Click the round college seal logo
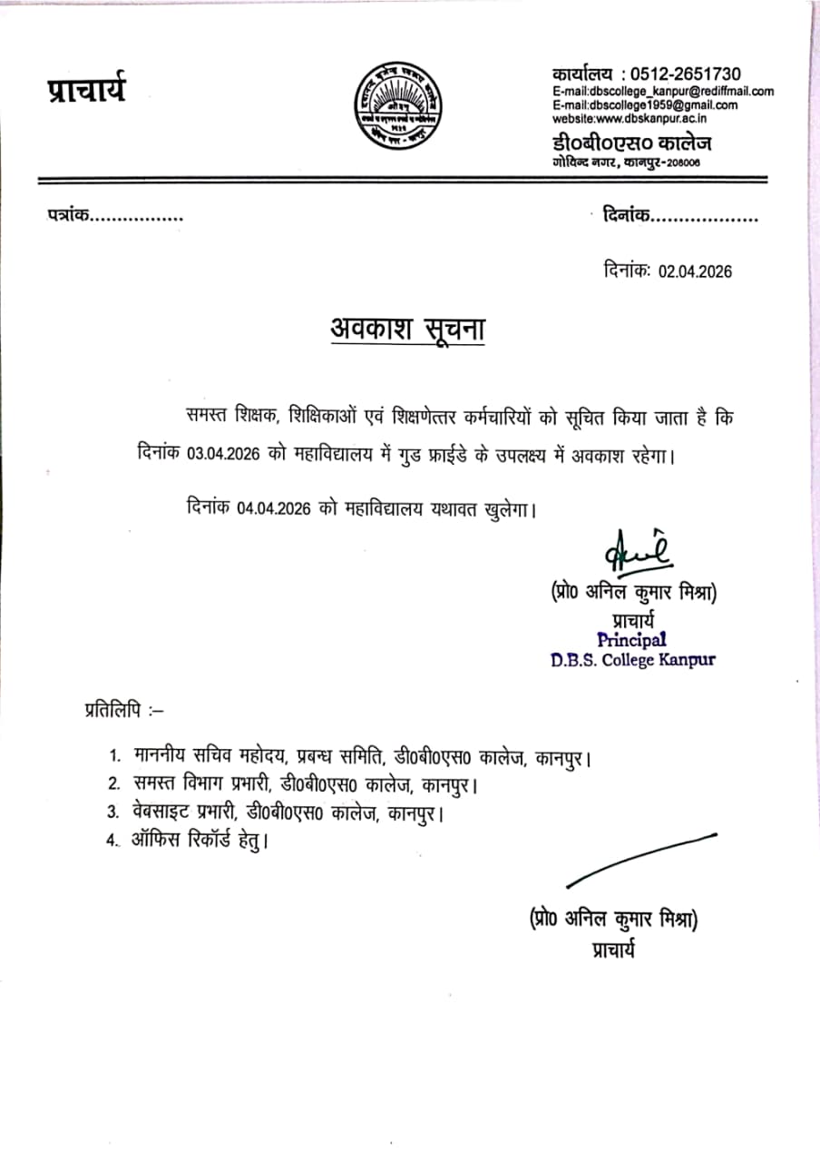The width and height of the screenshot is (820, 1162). click(x=395, y=107)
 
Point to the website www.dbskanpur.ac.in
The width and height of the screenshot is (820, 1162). click(x=630, y=118)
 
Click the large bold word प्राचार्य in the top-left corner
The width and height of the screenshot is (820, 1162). click(x=87, y=92)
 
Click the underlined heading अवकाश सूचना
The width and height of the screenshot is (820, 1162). click(x=407, y=330)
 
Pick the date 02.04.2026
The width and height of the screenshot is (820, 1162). click(x=695, y=271)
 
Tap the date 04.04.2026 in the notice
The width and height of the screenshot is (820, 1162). click(x=276, y=509)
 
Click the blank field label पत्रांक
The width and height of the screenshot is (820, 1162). click(x=69, y=216)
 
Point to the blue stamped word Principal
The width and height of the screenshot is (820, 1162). click(x=631, y=640)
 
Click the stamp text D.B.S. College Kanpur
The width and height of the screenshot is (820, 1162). click(x=632, y=660)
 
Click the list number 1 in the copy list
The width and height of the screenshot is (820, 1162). click(x=114, y=756)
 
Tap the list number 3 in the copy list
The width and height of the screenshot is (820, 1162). click(x=113, y=812)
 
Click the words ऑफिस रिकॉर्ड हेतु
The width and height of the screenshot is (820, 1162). click(x=200, y=841)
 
